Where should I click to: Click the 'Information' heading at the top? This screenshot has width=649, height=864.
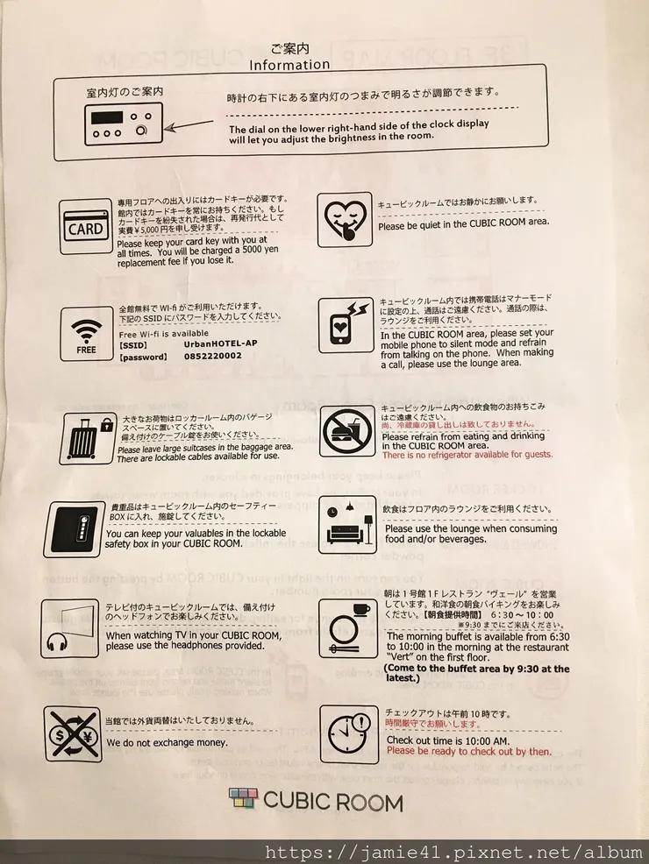(x=289, y=64)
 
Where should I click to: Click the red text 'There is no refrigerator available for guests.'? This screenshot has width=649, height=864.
(x=467, y=455)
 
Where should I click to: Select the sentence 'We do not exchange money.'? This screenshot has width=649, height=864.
(x=167, y=742)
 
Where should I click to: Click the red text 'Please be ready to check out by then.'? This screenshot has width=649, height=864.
(x=468, y=751)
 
